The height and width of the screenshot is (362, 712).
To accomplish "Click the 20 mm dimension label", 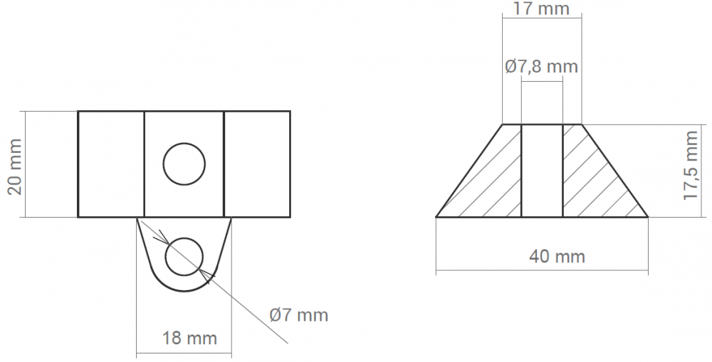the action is point(14,167).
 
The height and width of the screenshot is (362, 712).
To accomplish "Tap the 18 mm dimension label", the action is point(189,338).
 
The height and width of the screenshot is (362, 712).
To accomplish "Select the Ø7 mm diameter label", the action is point(298,315).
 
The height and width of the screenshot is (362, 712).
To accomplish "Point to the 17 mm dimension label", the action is point(541,9).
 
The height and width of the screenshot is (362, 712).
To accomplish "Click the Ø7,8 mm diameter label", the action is point(541,67).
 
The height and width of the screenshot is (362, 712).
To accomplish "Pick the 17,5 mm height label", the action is point(691,165).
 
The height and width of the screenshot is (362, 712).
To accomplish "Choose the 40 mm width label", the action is point(557,256).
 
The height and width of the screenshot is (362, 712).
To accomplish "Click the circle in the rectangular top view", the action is point(184,164).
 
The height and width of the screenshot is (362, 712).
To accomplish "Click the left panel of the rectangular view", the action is point(111,164).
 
